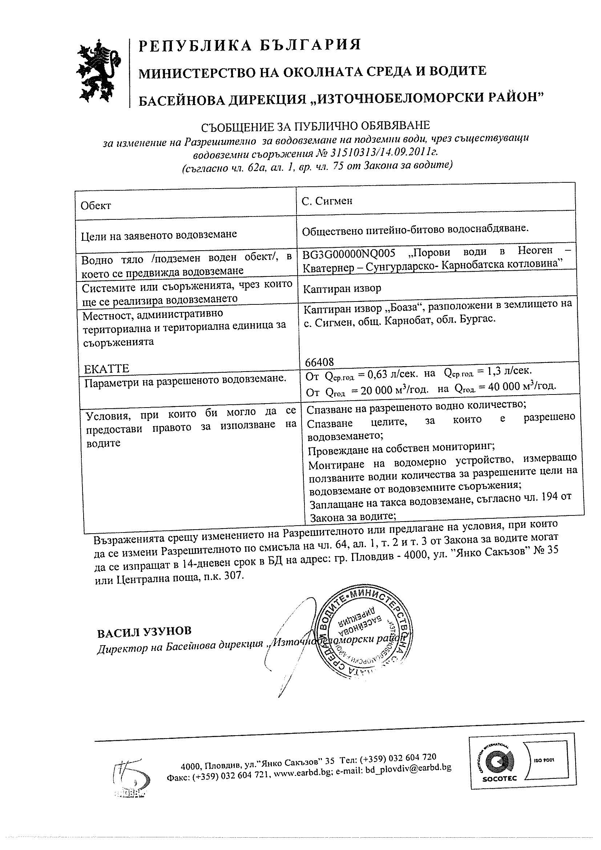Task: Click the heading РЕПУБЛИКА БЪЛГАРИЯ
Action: (250, 45)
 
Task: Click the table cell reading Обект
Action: (96, 206)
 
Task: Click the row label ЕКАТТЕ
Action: (107, 369)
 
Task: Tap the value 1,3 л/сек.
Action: (508, 371)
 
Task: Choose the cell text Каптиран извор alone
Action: (342, 288)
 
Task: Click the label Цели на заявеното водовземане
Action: (159, 234)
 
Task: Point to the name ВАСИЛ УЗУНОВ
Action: (144, 632)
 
